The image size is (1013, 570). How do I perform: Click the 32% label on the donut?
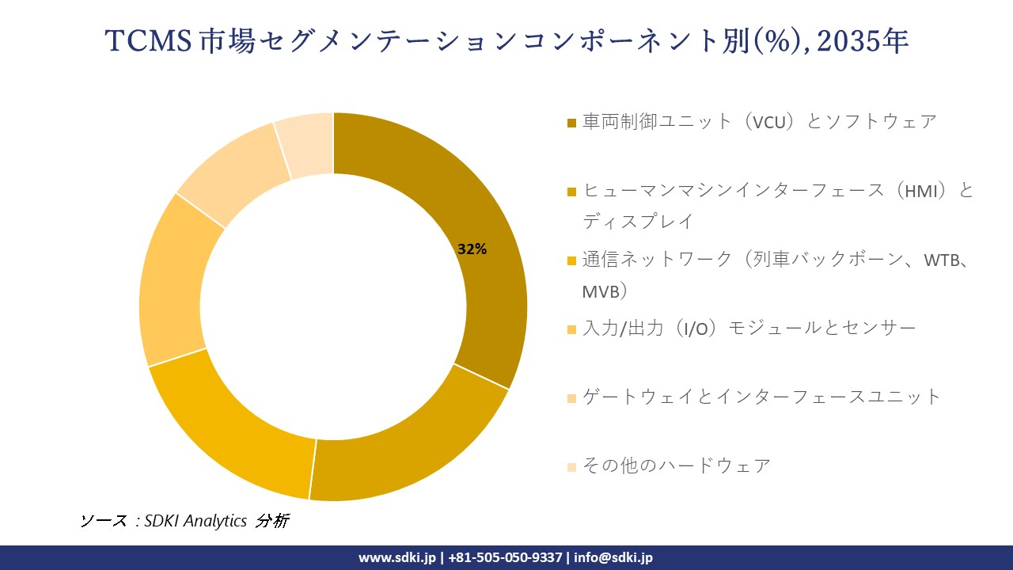[472, 249]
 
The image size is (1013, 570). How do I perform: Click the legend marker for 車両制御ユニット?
[571, 123]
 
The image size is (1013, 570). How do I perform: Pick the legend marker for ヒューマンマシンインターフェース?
[571, 192]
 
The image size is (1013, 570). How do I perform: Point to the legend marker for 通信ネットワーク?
[571, 260]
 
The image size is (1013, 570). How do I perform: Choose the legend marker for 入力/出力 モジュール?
[571, 329]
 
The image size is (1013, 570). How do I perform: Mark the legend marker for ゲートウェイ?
[571, 397]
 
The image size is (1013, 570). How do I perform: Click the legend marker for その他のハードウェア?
[571, 466]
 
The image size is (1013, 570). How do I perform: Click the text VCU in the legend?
[769, 122]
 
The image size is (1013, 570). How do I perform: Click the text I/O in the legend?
[692, 328]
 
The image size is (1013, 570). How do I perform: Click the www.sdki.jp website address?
[397, 557]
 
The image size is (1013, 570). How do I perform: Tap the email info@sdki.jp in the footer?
[612, 557]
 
